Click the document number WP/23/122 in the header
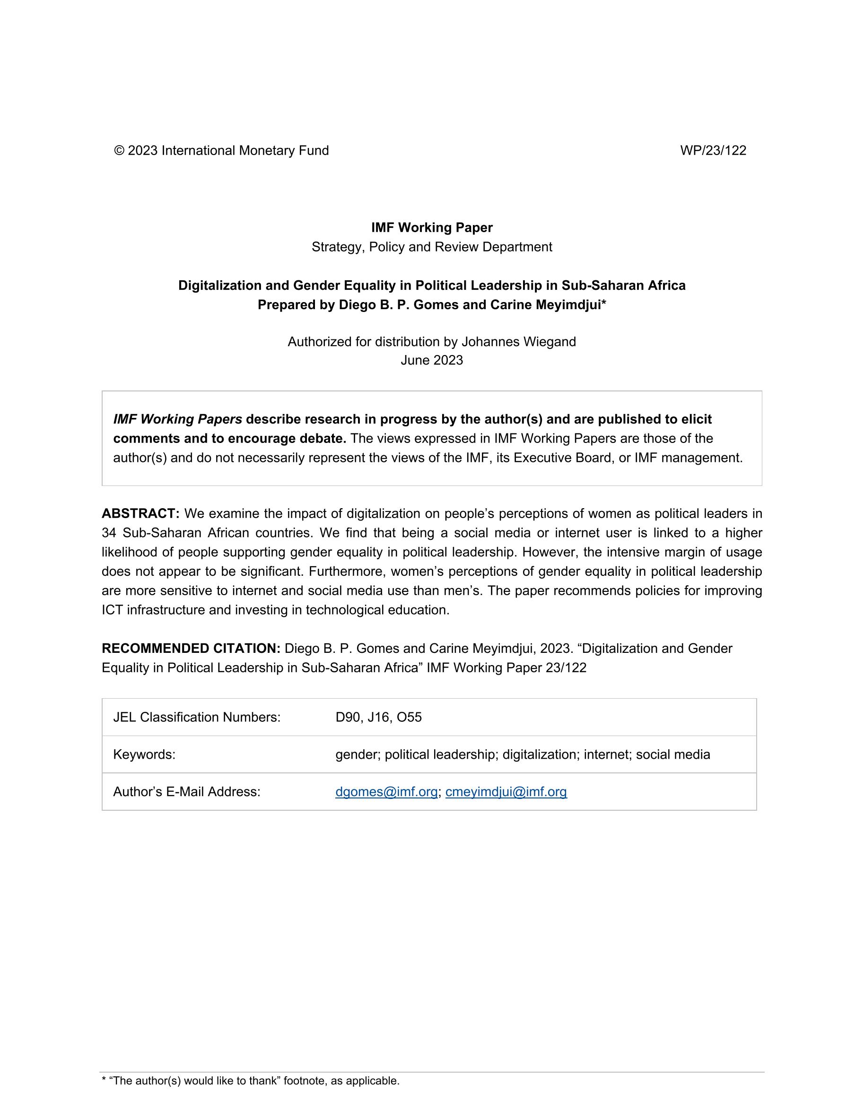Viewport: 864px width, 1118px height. point(713,150)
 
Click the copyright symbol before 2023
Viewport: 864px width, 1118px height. point(119,150)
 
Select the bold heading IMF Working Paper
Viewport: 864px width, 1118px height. point(432,228)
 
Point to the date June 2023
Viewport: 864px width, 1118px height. point(432,360)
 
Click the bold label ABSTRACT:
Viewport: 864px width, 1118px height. point(140,513)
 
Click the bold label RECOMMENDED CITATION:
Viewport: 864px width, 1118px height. point(191,649)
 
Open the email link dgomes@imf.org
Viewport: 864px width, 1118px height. point(386,792)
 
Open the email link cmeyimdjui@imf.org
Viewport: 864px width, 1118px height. point(506,792)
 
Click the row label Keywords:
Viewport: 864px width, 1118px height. point(144,754)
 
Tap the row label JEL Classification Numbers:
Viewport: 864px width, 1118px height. point(197,717)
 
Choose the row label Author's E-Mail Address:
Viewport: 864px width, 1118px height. point(186,792)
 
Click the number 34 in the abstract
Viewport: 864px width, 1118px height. point(109,533)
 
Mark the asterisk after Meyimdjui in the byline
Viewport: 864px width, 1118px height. point(604,303)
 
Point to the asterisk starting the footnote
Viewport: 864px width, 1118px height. point(104,1081)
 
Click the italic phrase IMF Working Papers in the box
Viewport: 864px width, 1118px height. point(177,419)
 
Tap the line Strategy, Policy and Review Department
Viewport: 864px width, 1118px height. point(432,247)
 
